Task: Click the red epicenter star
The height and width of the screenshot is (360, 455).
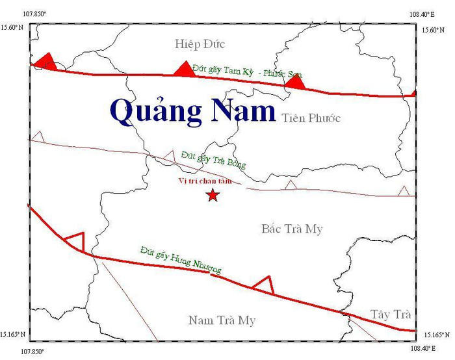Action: tap(212, 196)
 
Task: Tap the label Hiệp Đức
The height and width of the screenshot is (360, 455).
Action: tap(200, 44)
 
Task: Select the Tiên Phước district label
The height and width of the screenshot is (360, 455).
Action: tap(311, 118)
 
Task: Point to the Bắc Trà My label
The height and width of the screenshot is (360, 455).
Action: tap(292, 229)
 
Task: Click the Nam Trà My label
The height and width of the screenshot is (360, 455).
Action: tap(222, 320)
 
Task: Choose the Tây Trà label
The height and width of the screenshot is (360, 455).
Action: tap(391, 315)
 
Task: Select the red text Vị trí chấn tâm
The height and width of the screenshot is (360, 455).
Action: tap(204, 181)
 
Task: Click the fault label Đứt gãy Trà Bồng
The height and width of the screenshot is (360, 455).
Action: tap(214, 159)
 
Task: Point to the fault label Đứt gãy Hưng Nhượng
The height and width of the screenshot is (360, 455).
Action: tap(181, 259)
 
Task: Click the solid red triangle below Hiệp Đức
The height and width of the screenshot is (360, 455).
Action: tap(185, 69)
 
